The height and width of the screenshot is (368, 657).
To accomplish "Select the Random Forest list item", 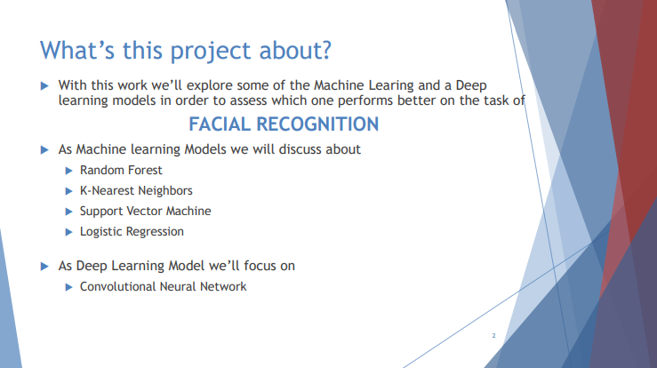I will pyautogui.click(x=121, y=170).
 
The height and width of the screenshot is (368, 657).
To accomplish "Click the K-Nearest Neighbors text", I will pyautogui.click(x=136, y=190).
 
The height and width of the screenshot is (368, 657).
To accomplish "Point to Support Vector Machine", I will pyautogui.click(x=145, y=211).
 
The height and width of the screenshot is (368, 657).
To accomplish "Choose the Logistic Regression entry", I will pyautogui.click(x=132, y=231).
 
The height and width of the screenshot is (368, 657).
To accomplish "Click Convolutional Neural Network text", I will pyautogui.click(x=163, y=286).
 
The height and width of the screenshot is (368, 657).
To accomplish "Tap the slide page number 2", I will pyautogui.click(x=493, y=337).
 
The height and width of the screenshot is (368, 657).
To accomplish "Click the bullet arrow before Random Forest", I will pyautogui.click(x=69, y=170).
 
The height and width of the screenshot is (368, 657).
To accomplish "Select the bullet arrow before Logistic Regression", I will pyautogui.click(x=69, y=232).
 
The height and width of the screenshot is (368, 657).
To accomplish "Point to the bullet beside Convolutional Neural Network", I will pyautogui.click(x=69, y=287).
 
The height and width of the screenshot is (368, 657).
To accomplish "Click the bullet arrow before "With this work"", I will pyautogui.click(x=45, y=85).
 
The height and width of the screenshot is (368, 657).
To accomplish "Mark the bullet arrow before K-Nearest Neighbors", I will pyautogui.click(x=69, y=190).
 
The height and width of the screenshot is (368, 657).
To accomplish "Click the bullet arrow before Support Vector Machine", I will pyautogui.click(x=69, y=212).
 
